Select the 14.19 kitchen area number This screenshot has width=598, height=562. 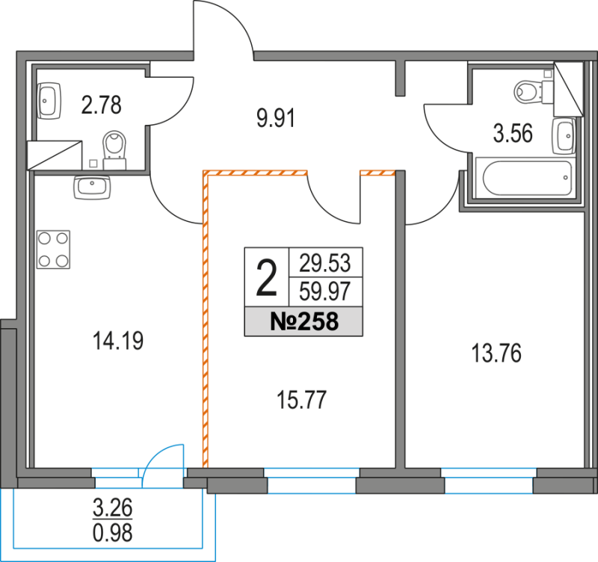(x=118, y=342)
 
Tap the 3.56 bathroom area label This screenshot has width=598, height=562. (x=513, y=135)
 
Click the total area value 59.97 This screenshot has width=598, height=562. (x=325, y=288)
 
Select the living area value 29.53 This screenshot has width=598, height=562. (x=325, y=262)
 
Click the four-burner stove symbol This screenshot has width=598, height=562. (x=52, y=250)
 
